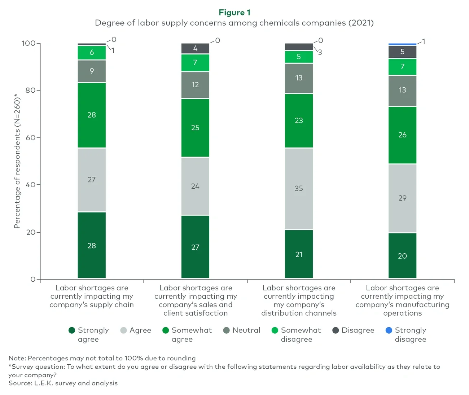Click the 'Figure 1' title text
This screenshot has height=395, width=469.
234,13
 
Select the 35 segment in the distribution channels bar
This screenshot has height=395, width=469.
299,188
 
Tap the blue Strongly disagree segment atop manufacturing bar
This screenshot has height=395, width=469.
402,44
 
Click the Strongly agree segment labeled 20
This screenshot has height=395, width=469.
402,256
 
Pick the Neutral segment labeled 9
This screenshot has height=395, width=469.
92,71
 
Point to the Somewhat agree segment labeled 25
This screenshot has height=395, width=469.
195,128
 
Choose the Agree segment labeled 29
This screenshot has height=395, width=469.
402,198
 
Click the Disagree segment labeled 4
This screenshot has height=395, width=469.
195,48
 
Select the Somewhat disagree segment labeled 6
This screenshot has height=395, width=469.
92,53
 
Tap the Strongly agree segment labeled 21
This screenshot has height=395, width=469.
299,254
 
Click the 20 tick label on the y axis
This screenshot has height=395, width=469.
31,232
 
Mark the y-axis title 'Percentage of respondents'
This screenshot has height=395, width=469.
17,161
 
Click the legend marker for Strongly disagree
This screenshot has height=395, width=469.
389,330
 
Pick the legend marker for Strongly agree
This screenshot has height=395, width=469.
72,330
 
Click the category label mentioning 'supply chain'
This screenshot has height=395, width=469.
92,296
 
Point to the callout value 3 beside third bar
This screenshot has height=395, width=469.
320,52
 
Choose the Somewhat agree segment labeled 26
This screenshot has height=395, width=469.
402,135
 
